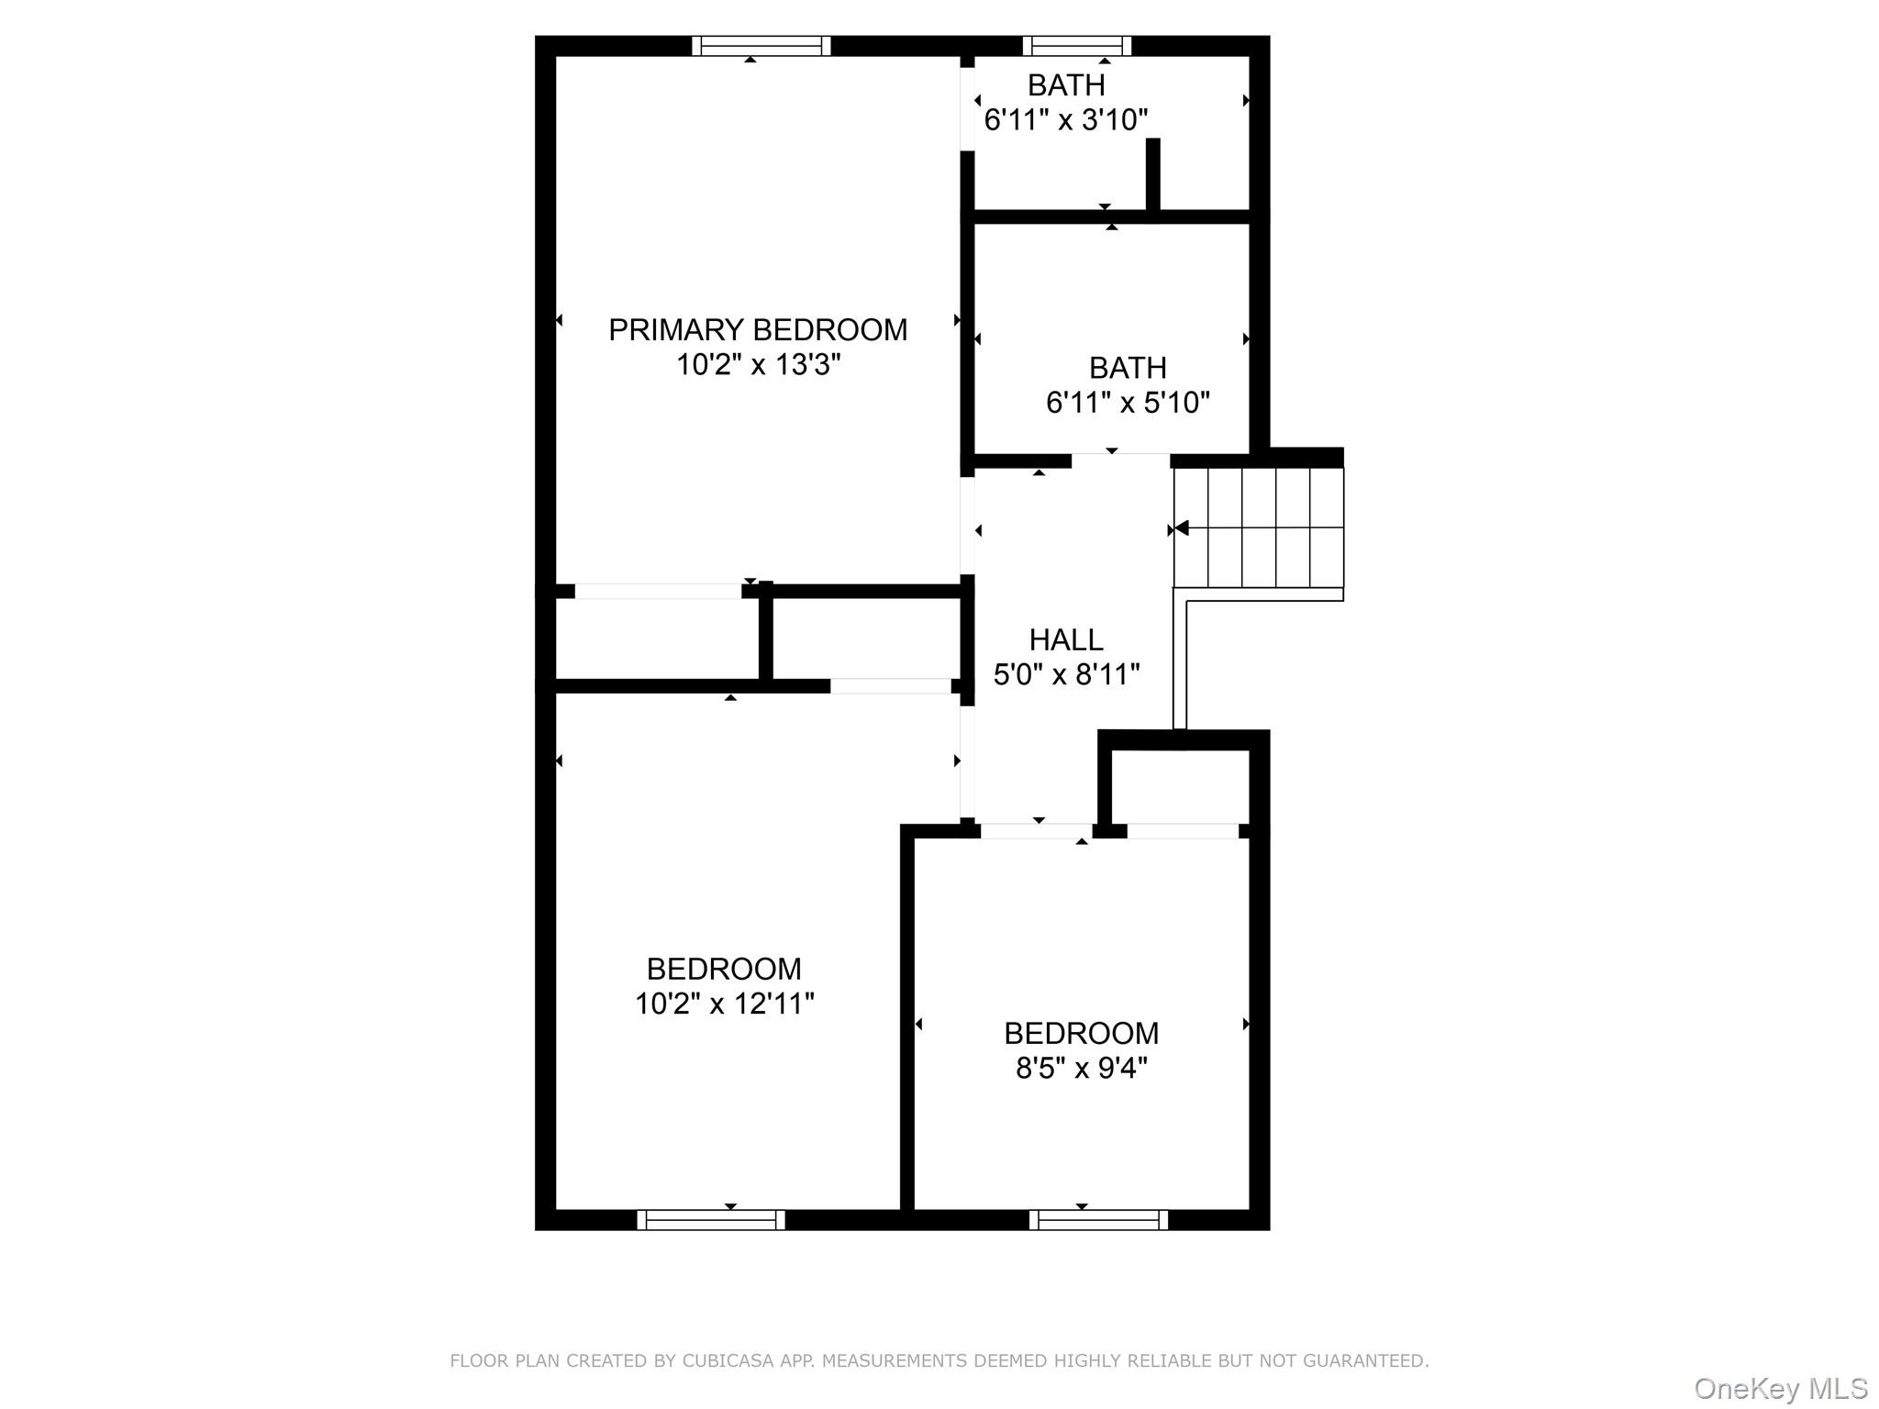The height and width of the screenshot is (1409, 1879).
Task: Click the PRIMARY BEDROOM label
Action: click(758, 329)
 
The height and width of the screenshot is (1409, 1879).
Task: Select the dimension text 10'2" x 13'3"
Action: click(758, 365)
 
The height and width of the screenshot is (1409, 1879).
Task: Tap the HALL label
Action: click(1066, 639)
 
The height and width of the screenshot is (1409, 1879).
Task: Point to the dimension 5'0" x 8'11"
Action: click(1066, 675)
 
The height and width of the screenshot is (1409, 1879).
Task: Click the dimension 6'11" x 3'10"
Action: click(1066, 120)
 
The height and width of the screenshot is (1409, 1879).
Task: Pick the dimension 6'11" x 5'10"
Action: click(1128, 403)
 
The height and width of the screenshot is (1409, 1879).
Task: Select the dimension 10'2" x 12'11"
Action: click(724, 1004)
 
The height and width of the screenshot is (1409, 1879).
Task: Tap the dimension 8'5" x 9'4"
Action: click(1081, 1069)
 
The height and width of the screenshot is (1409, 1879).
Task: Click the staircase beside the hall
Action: click(1259, 527)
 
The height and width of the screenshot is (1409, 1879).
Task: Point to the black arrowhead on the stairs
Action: click(1182, 527)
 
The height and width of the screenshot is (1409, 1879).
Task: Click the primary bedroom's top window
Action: click(761, 46)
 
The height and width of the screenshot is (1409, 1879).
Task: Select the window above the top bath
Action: click(1076, 46)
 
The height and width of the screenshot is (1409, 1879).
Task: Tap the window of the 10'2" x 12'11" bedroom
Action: click(711, 1219)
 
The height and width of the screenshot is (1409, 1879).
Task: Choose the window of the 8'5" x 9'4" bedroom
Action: click(1098, 1219)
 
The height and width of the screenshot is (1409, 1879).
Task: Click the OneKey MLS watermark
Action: click(1780, 1389)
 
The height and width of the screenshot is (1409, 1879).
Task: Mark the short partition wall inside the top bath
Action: click(1153, 175)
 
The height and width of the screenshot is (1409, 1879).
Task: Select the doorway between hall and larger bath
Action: click(1120, 460)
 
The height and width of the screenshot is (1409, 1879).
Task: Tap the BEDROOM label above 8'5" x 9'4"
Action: click(1081, 1033)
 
